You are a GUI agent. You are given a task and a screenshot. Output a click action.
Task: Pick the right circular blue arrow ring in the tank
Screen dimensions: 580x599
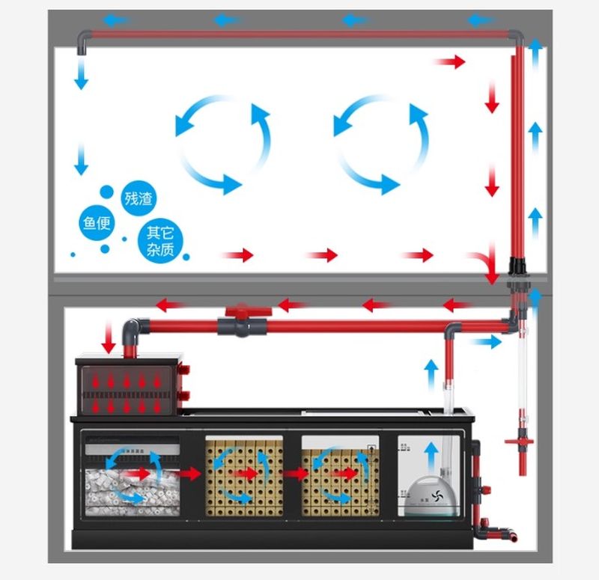(381, 144)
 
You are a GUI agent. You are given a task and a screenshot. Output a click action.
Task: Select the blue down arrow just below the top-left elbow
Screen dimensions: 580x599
(81, 75)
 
